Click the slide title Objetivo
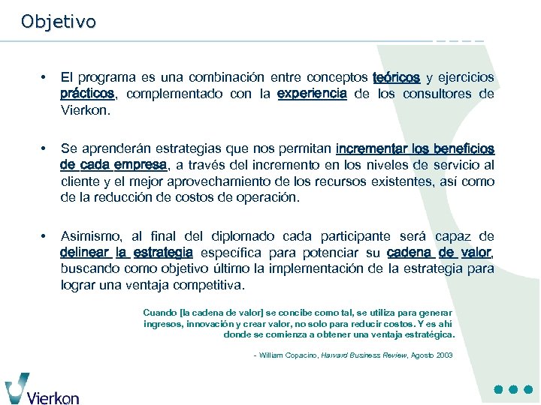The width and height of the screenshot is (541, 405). tap(59, 22)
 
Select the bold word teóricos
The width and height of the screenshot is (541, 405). tap(396, 78)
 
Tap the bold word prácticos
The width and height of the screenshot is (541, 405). tap(87, 94)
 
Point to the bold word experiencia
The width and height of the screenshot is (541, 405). tap(312, 94)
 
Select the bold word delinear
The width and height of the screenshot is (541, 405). tap(85, 253)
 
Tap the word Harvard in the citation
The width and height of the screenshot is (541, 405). tap(336, 355)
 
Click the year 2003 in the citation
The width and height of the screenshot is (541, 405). tap(444, 355)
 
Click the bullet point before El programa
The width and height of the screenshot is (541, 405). tap(46, 78)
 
